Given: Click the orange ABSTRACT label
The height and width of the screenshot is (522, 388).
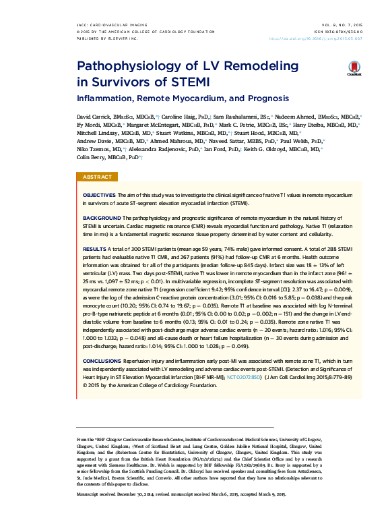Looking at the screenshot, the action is (x=97, y=177).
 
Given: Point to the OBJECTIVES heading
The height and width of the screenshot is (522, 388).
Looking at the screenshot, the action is (x=99, y=194).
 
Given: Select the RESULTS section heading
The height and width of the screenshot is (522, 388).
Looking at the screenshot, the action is (x=94, y=249).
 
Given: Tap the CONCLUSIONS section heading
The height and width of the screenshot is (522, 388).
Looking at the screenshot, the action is (x=102, y=361).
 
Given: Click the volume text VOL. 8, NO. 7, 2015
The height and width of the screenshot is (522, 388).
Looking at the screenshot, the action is (x=354, y=25).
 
